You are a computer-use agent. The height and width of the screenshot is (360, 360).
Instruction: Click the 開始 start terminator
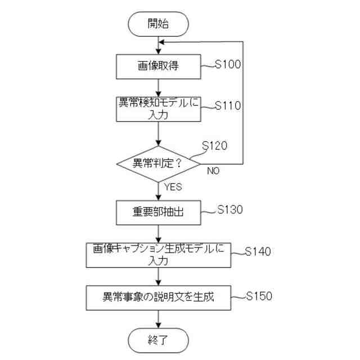point(158,23)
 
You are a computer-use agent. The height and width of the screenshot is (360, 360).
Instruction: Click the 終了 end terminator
point(158,340)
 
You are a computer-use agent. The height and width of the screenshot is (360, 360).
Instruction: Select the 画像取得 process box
point(158,67)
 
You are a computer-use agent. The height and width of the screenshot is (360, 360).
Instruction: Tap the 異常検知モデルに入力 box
point(158,109)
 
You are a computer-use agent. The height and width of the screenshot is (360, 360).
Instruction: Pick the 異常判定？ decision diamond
point(158,164)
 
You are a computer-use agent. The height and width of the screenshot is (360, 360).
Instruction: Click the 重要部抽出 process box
point(158,212)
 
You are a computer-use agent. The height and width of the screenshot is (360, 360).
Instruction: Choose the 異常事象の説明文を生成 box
point(158,296)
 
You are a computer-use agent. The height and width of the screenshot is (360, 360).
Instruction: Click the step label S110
point(228,105)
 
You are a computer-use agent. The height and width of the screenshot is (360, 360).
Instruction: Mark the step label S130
point(229,210)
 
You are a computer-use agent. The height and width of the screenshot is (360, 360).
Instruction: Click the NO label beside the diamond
point(213,170)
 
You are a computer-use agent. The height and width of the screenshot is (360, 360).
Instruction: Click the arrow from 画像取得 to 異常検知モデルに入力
point(158,88)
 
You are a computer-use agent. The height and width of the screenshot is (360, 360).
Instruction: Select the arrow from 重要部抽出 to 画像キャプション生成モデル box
point(158,233)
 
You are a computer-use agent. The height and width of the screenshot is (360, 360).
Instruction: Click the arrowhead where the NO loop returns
point(161,42)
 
